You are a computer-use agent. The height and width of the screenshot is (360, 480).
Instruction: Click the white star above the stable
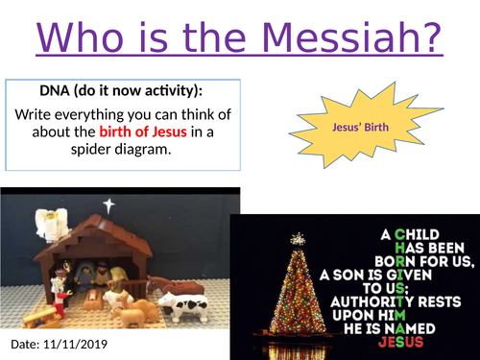pos(108,205)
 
